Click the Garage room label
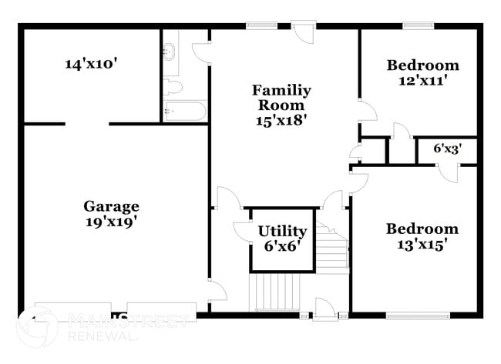(112, 206)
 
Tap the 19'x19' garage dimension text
(112, 221)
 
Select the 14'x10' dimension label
(90, 64)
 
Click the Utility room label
(282, 231)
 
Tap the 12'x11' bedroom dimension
(422, 80)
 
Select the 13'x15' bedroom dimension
(422, 244)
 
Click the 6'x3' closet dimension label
(446, 149)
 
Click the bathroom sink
(170, 52)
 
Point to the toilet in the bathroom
(173, 86)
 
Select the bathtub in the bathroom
(185, 112)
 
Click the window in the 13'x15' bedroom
(417, 315)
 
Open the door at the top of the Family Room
(304, 35)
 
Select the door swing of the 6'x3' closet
(449, 172)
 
